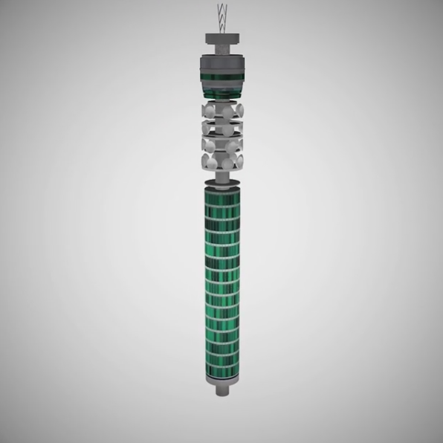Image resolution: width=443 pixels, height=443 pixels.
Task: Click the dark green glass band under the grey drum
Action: (x=221, y=74)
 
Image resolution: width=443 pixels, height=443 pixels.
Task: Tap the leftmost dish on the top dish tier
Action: (x=202, y=111)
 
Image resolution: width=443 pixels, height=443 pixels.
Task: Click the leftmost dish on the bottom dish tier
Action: (x=202, y=158)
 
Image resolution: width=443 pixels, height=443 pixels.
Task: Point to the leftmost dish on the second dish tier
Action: (x=202, y=126)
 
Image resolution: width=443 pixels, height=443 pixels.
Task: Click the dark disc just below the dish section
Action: (x=221, y=171)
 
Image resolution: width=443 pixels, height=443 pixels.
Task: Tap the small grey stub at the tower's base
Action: (x=221, y=390)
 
